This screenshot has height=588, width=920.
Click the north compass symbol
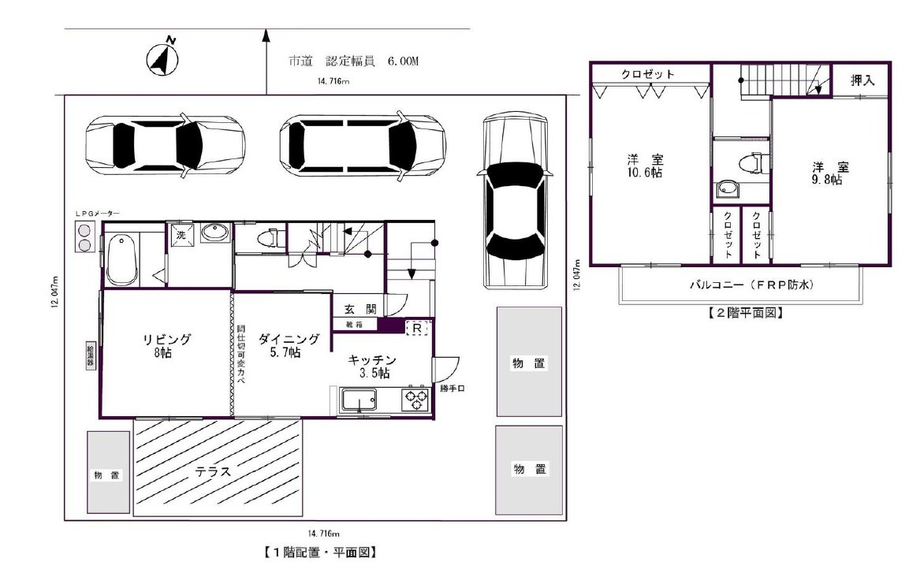163,58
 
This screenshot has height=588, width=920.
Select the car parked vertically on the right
515,201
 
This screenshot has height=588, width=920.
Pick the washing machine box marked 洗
180,234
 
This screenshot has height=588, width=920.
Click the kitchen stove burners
415,400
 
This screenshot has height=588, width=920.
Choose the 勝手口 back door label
452,389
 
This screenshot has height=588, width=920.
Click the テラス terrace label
214,472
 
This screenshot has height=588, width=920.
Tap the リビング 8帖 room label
166,345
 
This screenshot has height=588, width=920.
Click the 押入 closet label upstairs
862,80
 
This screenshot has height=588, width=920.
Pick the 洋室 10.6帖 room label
646,166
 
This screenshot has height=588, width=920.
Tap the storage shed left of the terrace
108,473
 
